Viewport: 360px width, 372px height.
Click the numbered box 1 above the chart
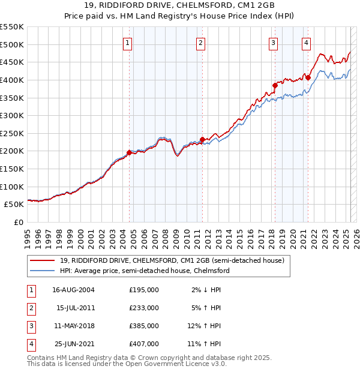coord(128,43)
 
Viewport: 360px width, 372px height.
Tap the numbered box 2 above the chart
coord(200,43)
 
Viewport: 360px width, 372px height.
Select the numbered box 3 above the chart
coord(273,43)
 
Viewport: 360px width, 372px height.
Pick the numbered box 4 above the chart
coord(306,43)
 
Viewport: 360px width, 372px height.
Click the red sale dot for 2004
coord(130,152)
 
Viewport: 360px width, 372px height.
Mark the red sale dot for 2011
coord(203,139)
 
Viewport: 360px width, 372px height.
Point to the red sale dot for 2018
coord(275,85)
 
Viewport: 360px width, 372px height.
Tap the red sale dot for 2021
coord(308,77)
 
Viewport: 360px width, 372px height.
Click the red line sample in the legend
coord(43,260)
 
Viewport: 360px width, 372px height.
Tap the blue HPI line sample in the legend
coord(43,271)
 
